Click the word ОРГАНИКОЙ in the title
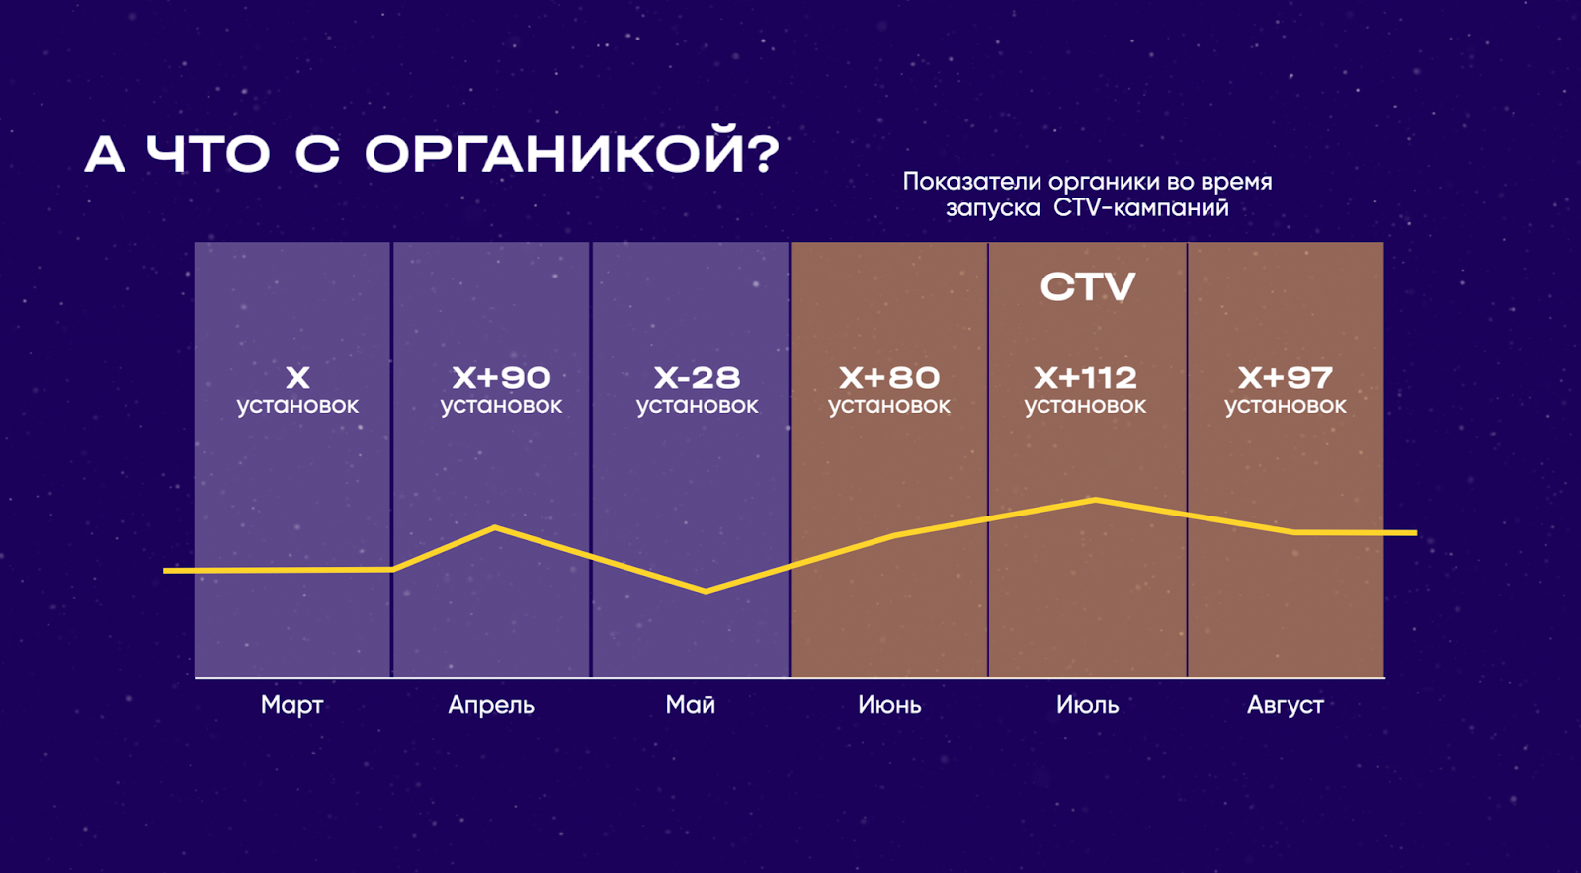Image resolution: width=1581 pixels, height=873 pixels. pos(571,153)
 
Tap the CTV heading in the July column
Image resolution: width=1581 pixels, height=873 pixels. pos(1087,287)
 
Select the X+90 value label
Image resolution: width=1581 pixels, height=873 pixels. pos(501,377)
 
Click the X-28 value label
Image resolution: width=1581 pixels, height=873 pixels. pos(697,377)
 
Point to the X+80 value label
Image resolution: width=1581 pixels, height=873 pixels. pos(889,377)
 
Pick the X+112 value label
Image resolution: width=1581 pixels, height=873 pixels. pos(1085,377)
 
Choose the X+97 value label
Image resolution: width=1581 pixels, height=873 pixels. pos(1285,377)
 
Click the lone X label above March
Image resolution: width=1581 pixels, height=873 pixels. pos(297,377)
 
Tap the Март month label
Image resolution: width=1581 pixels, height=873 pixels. pos(292,705)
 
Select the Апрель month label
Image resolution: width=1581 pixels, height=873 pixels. pos(491,705)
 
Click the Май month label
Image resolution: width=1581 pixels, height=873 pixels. pos(691,705)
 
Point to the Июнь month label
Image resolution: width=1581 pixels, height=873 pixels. pos(889,705)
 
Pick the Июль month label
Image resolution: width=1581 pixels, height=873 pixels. pos(1087,705)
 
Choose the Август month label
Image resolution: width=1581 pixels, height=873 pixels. pos(1285,705)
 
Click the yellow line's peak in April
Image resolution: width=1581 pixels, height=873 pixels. pos(495,528)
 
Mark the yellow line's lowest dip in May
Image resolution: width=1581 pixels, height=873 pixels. pos(706,591)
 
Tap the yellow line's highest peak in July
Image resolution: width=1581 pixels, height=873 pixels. pos(1095,501)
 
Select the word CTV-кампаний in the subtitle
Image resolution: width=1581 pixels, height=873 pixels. pos(1141,208)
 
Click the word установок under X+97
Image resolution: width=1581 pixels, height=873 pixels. pos(1285,406)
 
